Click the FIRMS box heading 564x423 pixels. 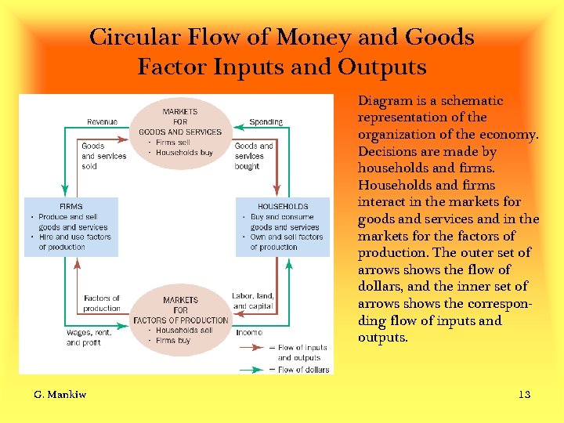tap(71, 207)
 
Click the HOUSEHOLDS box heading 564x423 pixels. tap(283, 207)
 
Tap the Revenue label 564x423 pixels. tap(102, 122)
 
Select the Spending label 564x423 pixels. tap(266, 122)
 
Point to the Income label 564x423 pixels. tap(249, 332)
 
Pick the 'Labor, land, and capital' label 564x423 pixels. tap(253, 301)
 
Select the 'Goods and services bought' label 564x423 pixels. tap(254, 156)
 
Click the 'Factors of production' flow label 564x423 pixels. tap(102, 303)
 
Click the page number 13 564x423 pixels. tap(524, 394)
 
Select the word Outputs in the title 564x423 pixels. tap(382, 67)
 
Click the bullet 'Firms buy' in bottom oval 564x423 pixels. tap(173, 341)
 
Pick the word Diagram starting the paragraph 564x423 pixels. tap(385, 100)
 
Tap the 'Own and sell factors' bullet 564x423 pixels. tap(287, 237)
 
